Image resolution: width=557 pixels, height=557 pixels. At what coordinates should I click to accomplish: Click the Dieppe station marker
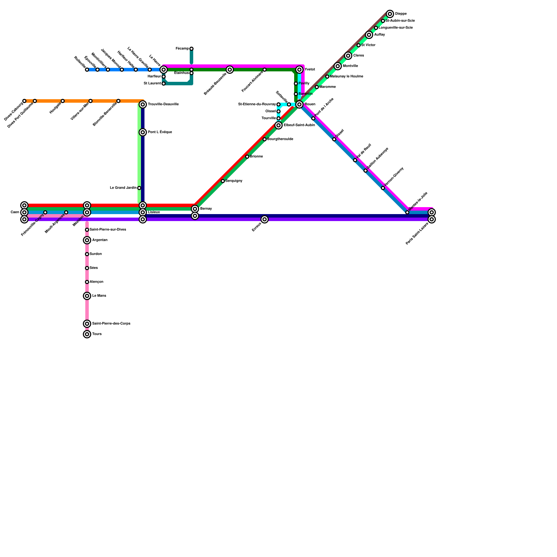pos(390,14)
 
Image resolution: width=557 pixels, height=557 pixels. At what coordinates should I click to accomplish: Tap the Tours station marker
pos(87,334)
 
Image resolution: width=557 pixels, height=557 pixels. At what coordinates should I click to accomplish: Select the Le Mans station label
pos(99,296)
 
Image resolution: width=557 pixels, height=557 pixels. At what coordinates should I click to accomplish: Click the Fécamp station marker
pos(191,49)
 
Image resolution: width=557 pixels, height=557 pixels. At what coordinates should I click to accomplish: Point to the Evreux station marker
pos(265,219)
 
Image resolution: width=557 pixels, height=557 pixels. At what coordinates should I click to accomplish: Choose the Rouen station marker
pos(299,104)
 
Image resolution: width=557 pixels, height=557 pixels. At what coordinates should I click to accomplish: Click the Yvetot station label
pos(309,70)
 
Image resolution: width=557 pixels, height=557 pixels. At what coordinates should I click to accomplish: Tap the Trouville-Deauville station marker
pos(143,104)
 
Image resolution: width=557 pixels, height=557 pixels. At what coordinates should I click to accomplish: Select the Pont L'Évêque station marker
pos(143,132)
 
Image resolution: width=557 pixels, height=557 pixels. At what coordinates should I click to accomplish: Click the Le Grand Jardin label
pos(123,188)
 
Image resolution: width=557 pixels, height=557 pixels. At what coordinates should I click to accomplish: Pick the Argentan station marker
pos(87,240)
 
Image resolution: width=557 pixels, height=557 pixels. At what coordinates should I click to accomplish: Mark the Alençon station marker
pos(87,282)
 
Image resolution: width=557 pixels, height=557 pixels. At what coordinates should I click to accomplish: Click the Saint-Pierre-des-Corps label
pos(111,324)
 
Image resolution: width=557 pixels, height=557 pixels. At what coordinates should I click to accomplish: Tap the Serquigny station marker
pos(223,181)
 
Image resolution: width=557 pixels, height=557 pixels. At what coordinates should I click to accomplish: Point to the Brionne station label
pos(256,157)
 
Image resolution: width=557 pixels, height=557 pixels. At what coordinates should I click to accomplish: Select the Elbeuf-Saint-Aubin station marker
pos(278,125)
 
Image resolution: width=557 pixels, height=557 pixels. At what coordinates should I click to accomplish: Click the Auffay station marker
pos(369,35)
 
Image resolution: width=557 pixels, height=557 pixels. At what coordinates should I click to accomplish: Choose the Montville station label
pos(350,66)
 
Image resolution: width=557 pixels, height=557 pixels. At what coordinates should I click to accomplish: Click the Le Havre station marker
pos(164,70)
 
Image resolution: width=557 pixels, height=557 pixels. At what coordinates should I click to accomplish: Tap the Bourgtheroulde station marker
pos(265,139)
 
